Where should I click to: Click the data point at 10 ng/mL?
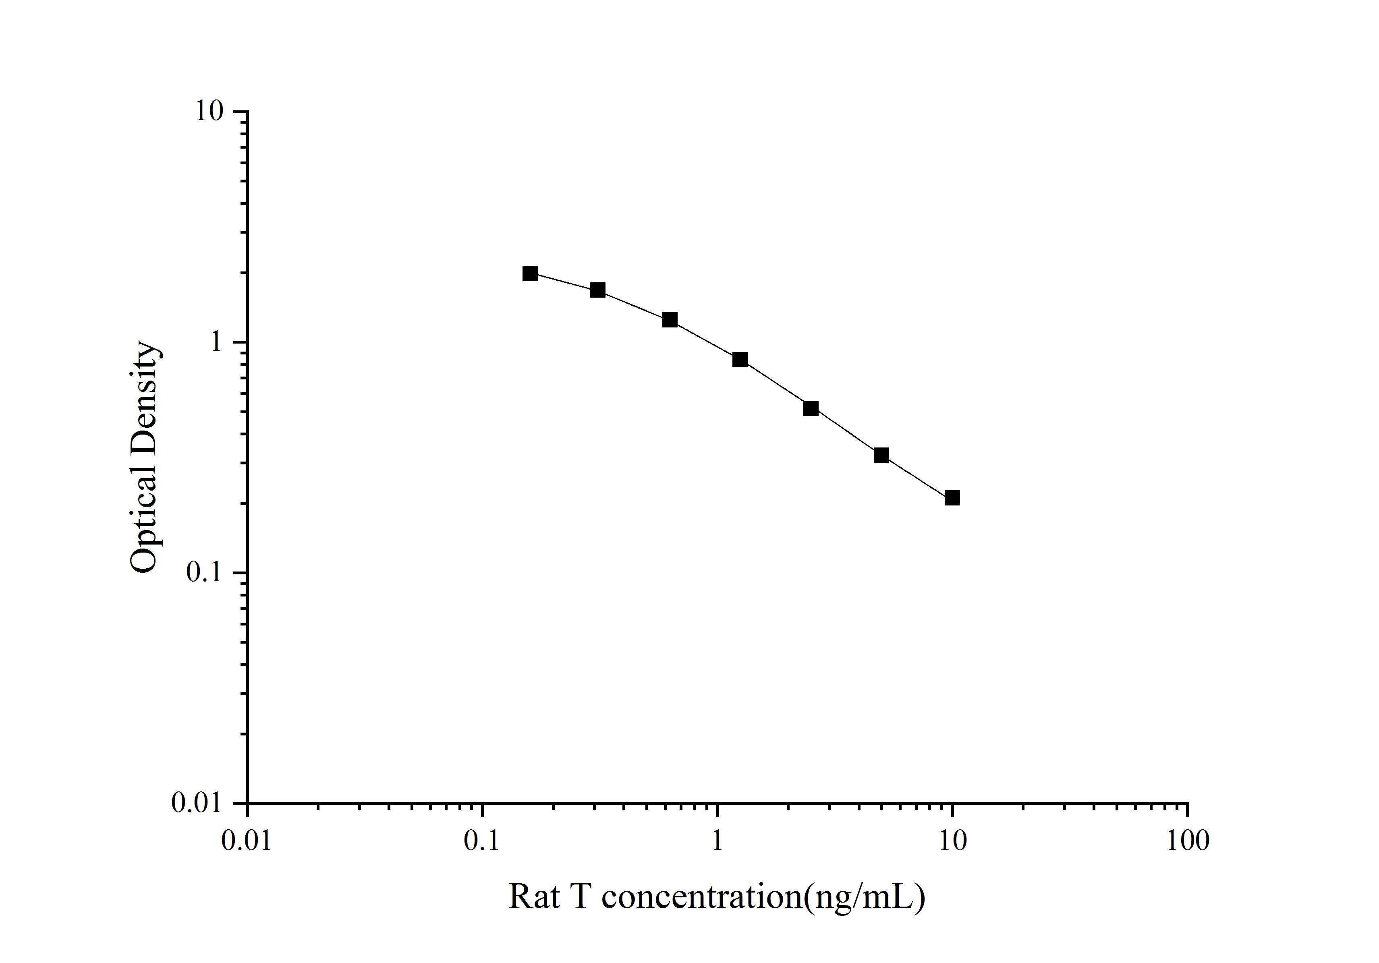[952, 498]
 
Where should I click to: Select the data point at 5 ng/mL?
[881, 455]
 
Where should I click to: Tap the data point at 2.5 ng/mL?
[811, 408]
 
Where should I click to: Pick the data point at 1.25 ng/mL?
[740, 360]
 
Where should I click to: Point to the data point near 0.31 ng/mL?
[597, 290]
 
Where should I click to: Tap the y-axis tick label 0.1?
[204, 573]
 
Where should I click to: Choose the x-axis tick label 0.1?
[482, 841]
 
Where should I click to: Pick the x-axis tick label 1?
[717, 841]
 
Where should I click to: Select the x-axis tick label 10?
[952, 841]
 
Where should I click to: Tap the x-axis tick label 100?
[1187, 841]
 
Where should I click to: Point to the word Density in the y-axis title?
[144, 399]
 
